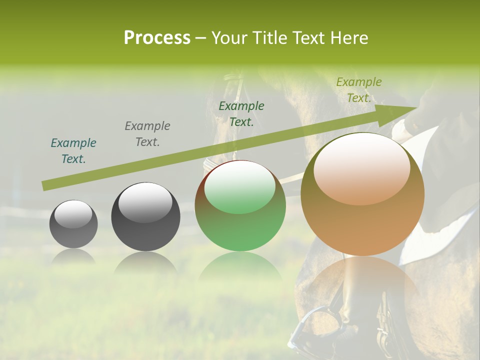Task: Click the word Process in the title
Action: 157,38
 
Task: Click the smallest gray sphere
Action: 73,224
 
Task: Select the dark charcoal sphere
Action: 145,216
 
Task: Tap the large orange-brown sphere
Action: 362,194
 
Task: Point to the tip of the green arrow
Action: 416,107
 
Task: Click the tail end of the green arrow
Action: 44,186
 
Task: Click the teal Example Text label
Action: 73,151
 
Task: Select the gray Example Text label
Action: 147,134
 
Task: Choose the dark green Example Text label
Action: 241,114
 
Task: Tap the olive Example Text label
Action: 359,90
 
